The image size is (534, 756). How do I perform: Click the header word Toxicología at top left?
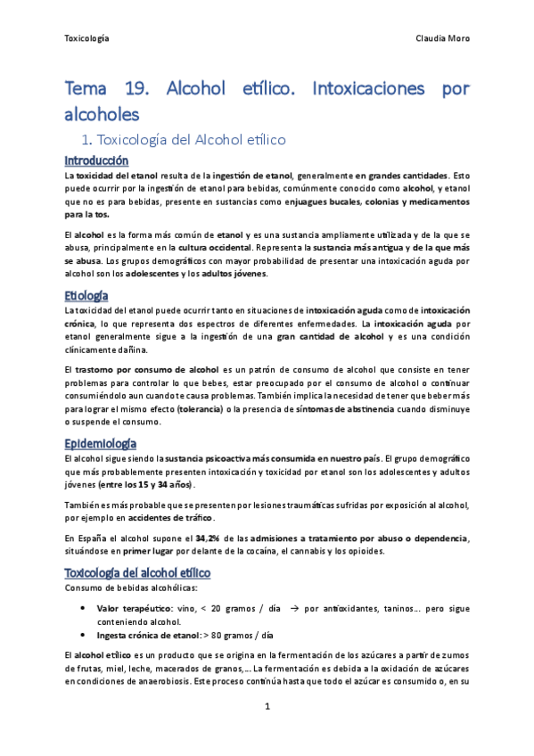point(88,39)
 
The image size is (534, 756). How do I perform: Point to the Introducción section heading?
point(96,160)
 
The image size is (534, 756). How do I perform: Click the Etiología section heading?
point(86,294)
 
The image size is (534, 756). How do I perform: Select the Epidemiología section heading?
point(101,443)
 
